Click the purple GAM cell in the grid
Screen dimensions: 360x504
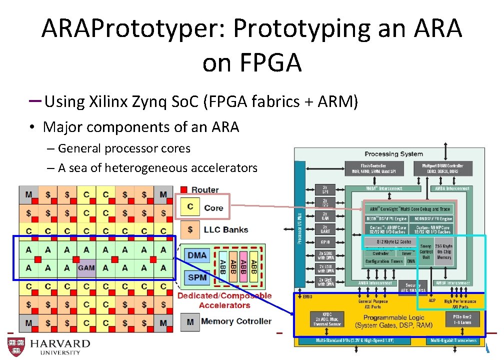[x=86, y=268]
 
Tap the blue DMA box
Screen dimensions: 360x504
[x=197, y=255]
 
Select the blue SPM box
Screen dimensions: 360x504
[x=197, y=277]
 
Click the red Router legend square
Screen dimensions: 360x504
[x=184, y=189]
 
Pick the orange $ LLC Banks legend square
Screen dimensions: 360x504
[x=190, y=229]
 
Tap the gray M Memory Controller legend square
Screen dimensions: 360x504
[x=190, y=321]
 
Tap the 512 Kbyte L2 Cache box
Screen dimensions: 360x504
[x=388, y=242]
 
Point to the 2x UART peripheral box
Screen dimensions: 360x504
[x=325, y=229]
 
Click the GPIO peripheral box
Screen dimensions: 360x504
[x=325, y=241]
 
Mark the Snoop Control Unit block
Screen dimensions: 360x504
[x=426, y=251]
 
